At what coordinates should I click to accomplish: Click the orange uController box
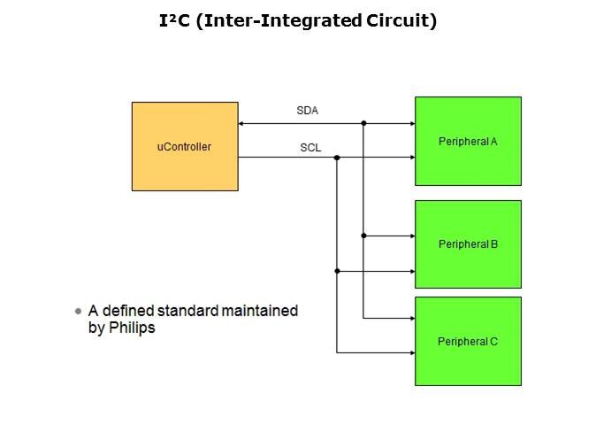184,146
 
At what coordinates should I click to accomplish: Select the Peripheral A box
468,141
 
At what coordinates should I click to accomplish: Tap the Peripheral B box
468,243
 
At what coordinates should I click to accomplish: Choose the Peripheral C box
468,341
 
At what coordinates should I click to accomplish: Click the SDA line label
307,111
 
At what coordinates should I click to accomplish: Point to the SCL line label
310,147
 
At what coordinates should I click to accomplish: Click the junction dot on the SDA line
363,123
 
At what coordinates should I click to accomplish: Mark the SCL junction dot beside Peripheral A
337,158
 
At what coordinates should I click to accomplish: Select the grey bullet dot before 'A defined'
79,312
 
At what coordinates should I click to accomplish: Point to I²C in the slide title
172,21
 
